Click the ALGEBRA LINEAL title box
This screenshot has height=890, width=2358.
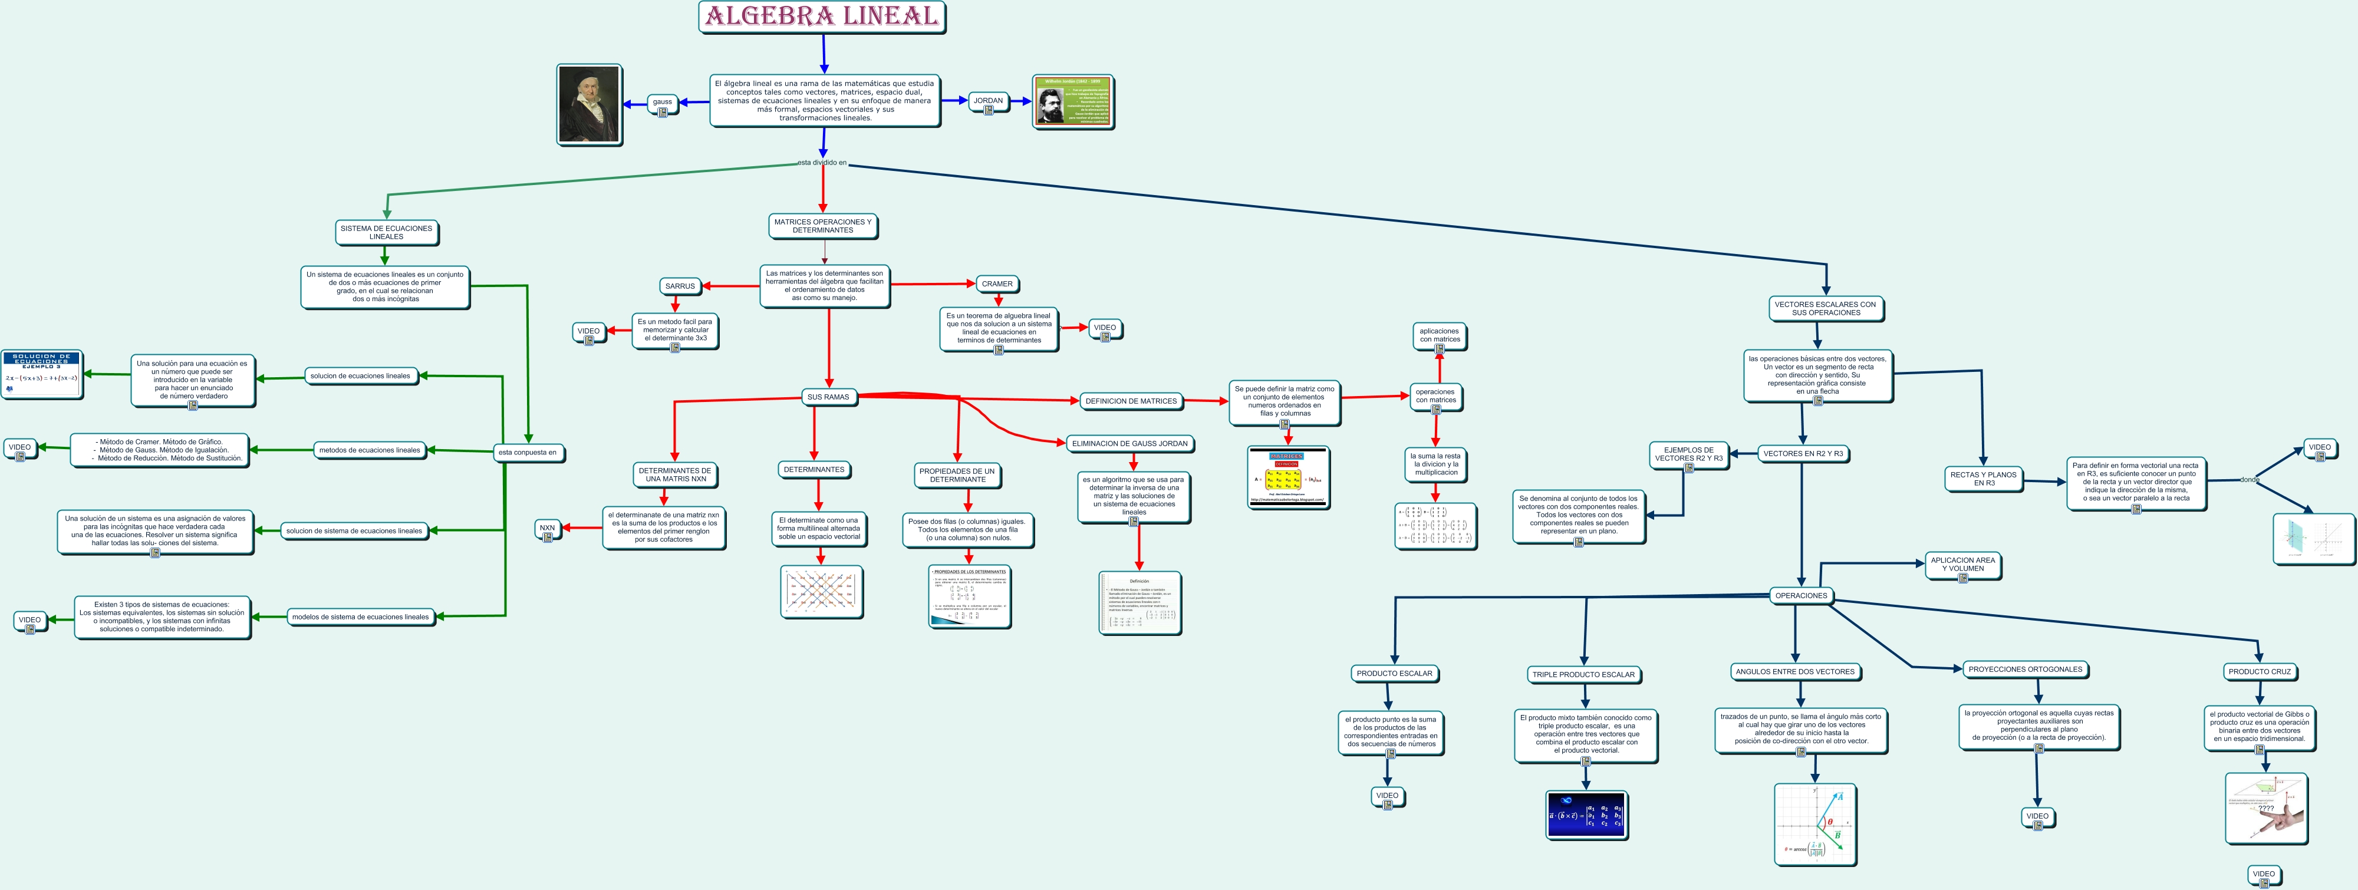(x=821, y=17)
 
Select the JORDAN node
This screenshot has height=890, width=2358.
(x=987, y=101)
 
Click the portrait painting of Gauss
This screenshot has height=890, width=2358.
(x=588, y=104)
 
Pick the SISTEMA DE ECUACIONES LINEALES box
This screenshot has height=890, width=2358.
(x=386, y=233)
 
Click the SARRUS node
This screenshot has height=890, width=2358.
(x=680, y=286)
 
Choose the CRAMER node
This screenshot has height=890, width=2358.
(x=997, y=284)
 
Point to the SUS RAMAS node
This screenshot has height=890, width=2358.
(x=828, y=397)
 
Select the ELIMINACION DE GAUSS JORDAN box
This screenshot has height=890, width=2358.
(x=1129, y=443)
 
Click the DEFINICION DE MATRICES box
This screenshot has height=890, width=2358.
(x=1131, y=401)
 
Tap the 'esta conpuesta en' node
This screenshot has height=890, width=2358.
(x=527, y=452)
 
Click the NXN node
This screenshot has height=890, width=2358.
(x=548, y=528)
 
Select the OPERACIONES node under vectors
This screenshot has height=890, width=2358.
(x=1800, y=595)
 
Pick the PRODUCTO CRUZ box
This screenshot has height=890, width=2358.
(x=2259, y=671)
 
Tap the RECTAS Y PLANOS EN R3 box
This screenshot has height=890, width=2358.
(x=1982, y=479)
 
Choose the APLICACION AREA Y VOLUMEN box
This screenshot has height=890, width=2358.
(x=1962, y=564)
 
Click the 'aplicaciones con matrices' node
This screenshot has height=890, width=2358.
(x=1439, y=335)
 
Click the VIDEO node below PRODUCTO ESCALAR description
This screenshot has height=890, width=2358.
(x=1387, y=796)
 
